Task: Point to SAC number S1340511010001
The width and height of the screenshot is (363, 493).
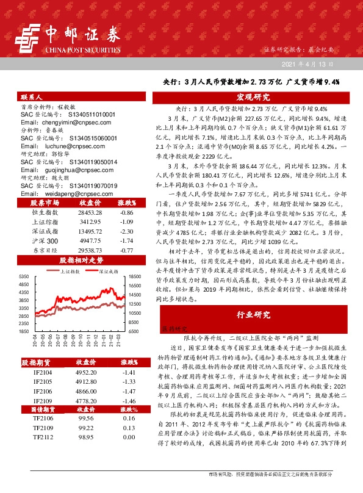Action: coord(85,114)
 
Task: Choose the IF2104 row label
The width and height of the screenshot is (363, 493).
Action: coord(43,372)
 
